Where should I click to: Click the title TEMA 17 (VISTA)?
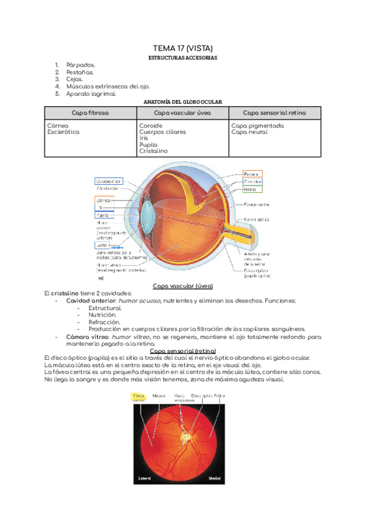[182, 48]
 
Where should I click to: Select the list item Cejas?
[76, 79]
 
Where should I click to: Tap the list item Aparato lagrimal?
[91, 94]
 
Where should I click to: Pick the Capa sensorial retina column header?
[274, 113]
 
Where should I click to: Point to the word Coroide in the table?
[151, 126]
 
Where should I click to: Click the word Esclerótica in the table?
[63, 132]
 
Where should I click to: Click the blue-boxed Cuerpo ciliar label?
[109, 181]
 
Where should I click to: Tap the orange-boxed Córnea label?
[104, 199]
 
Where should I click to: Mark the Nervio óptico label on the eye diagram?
[257, 219]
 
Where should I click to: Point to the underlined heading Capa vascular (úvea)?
[182, 286]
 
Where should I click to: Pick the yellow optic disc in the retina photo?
[185, 436]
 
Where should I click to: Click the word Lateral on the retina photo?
[145, 477]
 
